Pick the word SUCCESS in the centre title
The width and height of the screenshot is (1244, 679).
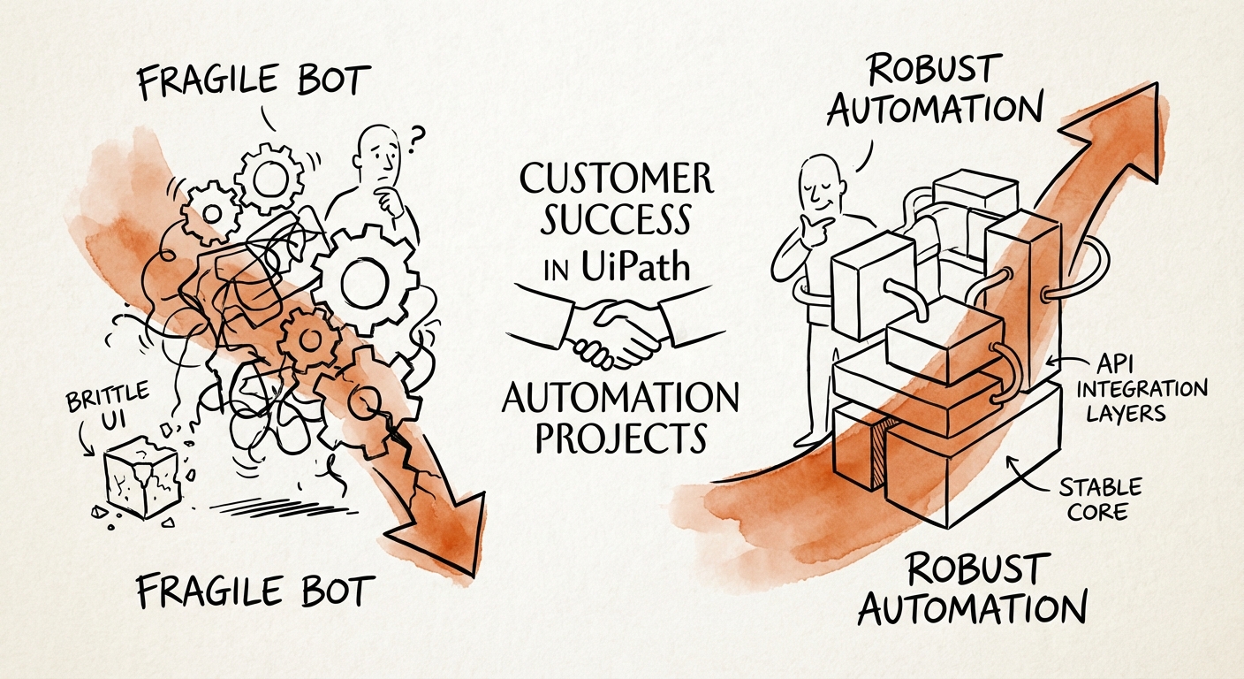[x=616, y=222]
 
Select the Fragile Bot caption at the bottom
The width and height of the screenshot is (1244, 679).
[x=255, y=590]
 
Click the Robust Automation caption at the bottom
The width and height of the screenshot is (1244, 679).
[x=972, y=588]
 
